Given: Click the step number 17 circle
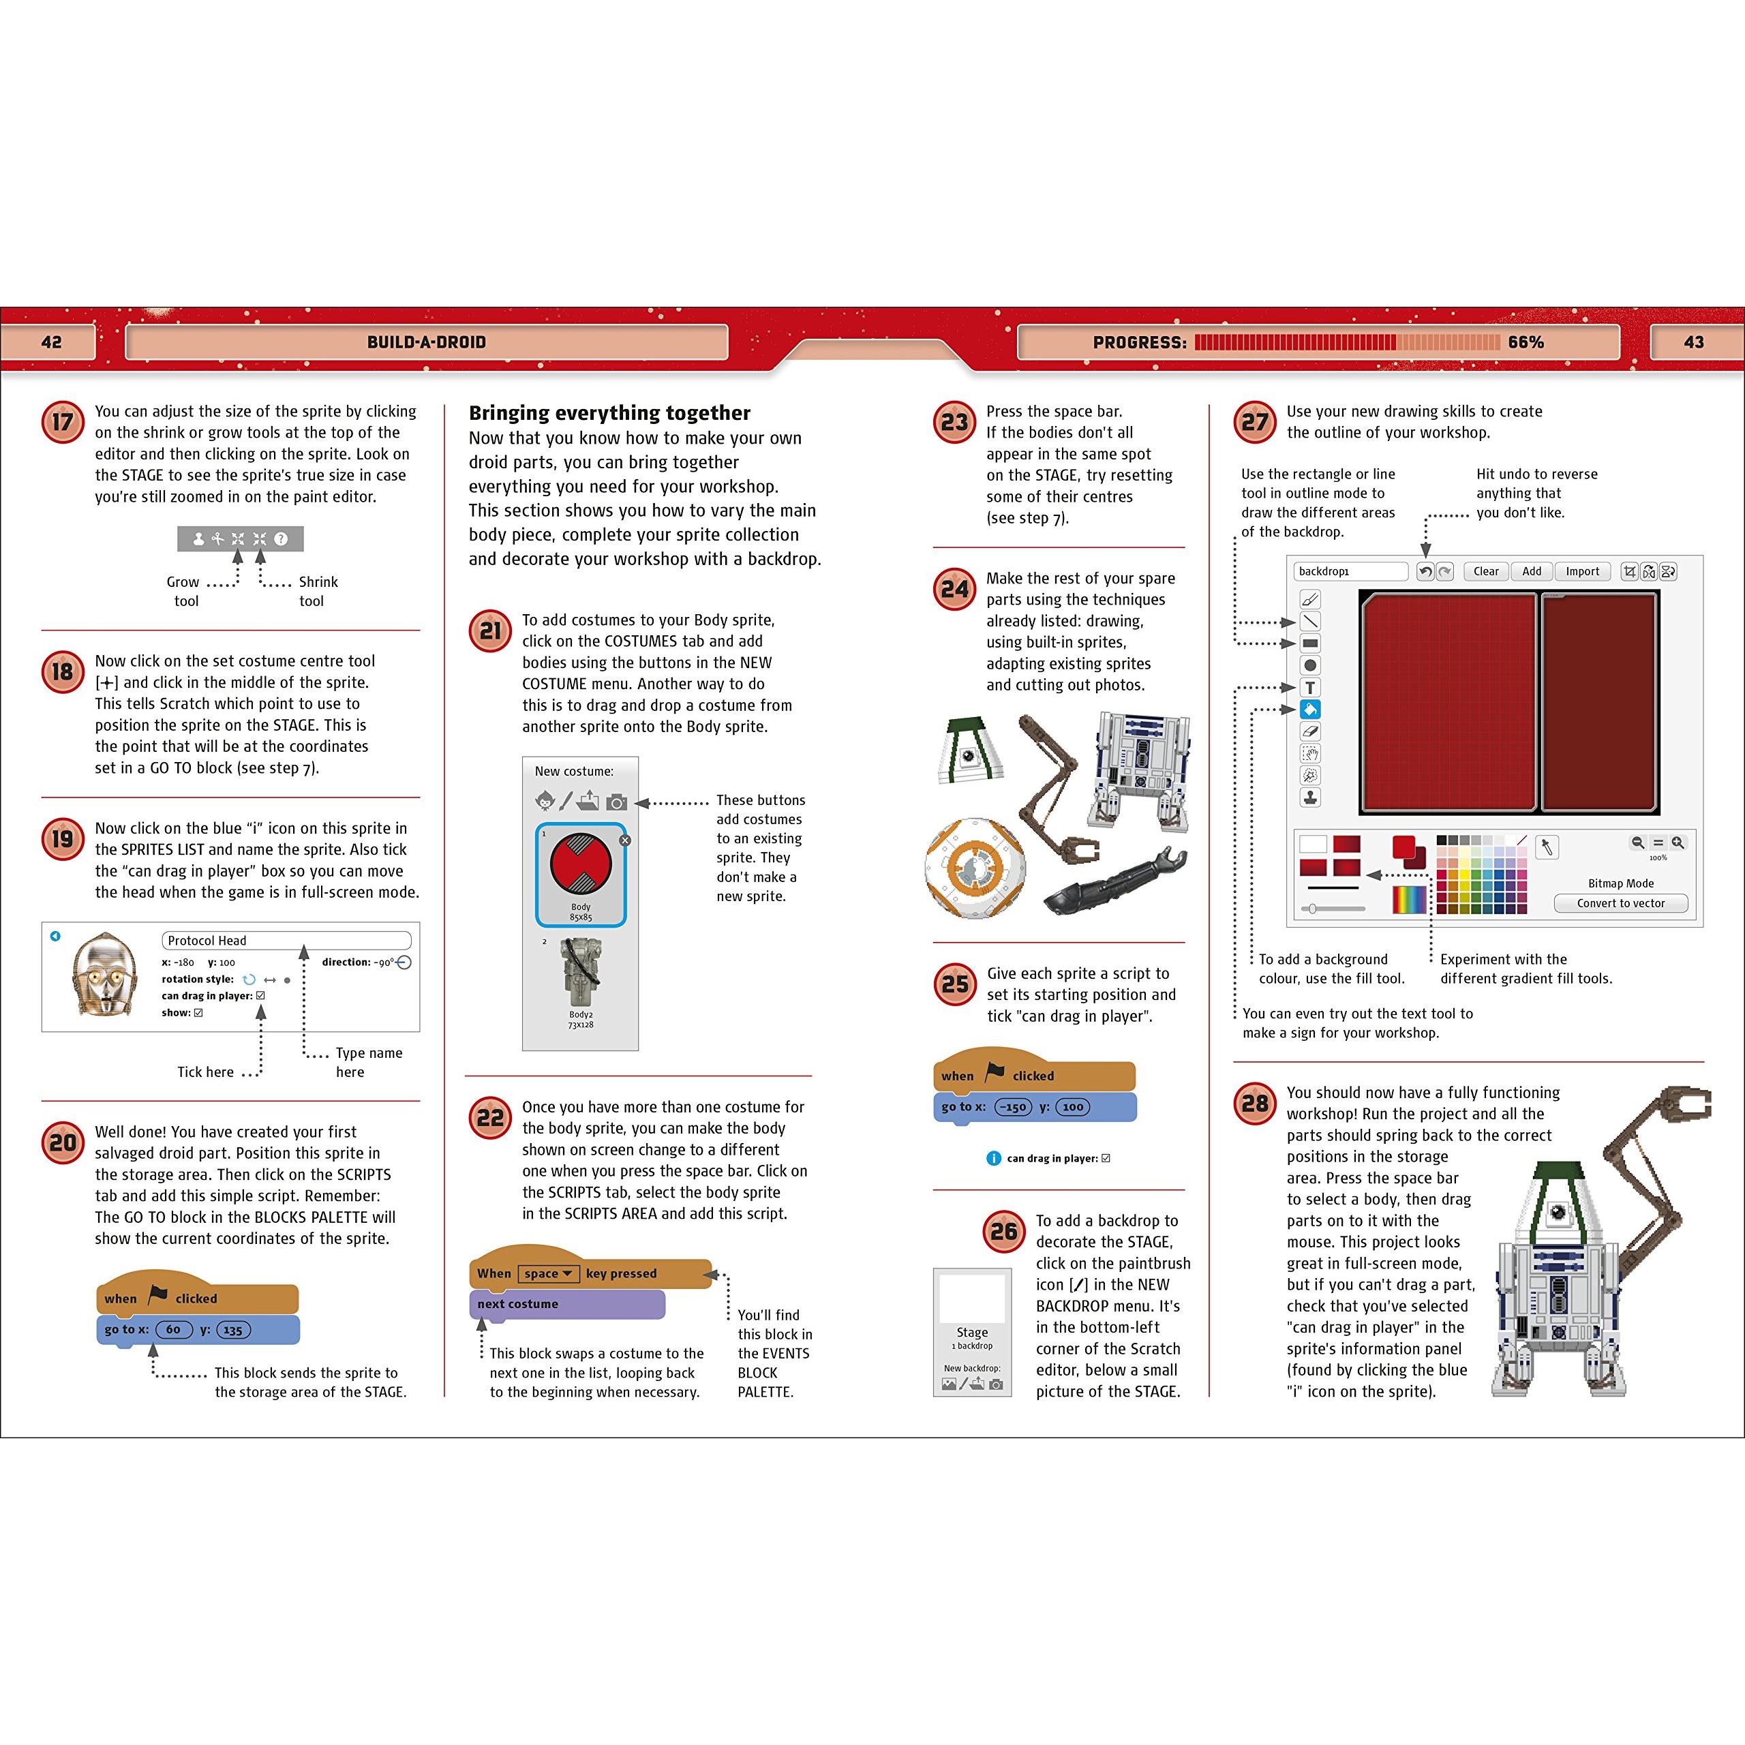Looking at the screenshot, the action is [62, 422].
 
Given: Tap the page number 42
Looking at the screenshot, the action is [52, 342].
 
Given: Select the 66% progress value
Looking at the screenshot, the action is [1526, 342].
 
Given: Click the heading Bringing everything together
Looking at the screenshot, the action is [609, 413].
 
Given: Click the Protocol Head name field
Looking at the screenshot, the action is [286, 940].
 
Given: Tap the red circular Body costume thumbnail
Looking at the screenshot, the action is [581, 864].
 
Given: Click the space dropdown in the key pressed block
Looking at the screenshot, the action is [547, 1273].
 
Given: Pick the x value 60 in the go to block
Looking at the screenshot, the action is [173, 1329].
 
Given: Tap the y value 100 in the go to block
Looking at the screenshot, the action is [1073, 1108].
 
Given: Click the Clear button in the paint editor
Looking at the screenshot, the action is [1486, 572].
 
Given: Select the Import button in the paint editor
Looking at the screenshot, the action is [1582, 572].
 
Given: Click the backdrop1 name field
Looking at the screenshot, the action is [1350, 572].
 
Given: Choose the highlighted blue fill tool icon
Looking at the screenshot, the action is [1309, 710].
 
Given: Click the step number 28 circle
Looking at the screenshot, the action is [1254, 1103].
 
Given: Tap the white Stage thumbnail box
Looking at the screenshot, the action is [973, 1298].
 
